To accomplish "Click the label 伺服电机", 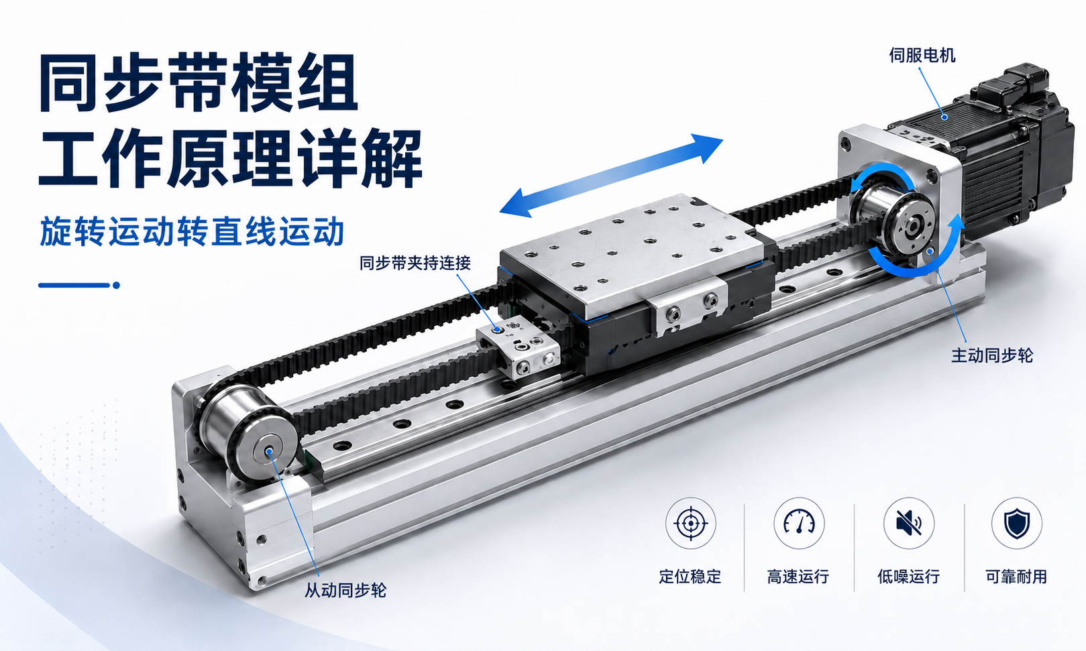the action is click(922, 56).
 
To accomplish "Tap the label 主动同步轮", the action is click(992, 356).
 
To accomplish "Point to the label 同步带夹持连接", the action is click(415, 263).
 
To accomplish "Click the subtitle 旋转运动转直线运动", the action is click(192, 232).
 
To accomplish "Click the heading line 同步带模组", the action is click(199, 83).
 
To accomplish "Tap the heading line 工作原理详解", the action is click(230, 158).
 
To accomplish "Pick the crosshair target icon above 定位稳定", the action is click(690, 523).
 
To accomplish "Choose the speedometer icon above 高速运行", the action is click(798, 523).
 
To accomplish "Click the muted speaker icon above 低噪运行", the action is click(908, 523).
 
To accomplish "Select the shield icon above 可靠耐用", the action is click(1017, 523).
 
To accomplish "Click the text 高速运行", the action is click(798, 577).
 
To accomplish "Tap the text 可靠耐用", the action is click(1017, 577).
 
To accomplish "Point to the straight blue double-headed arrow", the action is click(611, 175).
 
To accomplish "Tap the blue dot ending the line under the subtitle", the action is click(116, 286).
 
